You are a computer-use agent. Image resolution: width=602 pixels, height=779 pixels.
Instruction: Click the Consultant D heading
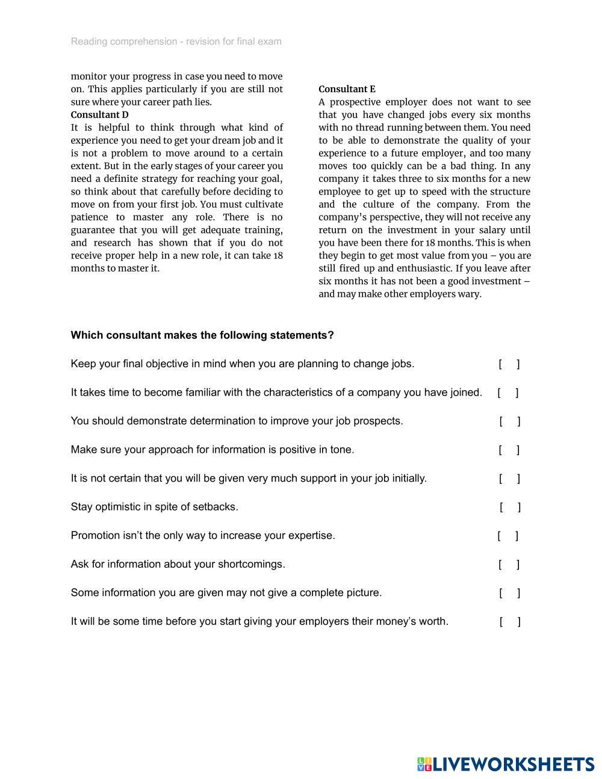[99, 114]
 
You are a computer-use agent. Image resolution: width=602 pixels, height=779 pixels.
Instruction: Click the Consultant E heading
[347, 89]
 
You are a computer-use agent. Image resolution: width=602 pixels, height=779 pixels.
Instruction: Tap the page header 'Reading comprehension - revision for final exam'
[176, 42]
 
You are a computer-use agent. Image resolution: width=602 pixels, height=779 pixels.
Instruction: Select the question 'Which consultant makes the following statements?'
[202, 335]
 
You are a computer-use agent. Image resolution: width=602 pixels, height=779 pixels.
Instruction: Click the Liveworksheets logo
[505, 764]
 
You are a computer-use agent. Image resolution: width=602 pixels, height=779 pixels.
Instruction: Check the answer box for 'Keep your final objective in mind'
[509, 364]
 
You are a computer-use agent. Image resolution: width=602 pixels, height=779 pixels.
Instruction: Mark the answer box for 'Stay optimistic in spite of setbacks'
[510, 507]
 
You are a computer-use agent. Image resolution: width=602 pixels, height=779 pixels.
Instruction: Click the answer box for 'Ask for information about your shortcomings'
[509, 565]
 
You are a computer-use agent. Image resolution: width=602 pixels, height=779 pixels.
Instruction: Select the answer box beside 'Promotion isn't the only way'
[507, 536]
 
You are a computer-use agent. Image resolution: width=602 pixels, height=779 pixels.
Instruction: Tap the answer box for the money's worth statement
[510, 622]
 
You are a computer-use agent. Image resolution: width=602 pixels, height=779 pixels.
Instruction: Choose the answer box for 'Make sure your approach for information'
[509, 450]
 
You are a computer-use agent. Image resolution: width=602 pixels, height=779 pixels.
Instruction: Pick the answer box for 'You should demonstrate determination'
[510, 421]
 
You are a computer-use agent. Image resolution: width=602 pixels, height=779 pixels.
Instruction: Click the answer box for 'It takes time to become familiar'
[508, 393]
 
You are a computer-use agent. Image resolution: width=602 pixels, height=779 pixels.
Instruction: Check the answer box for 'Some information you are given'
[510, 593]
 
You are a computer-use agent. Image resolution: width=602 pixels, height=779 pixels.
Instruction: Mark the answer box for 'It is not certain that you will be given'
[510, 479]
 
